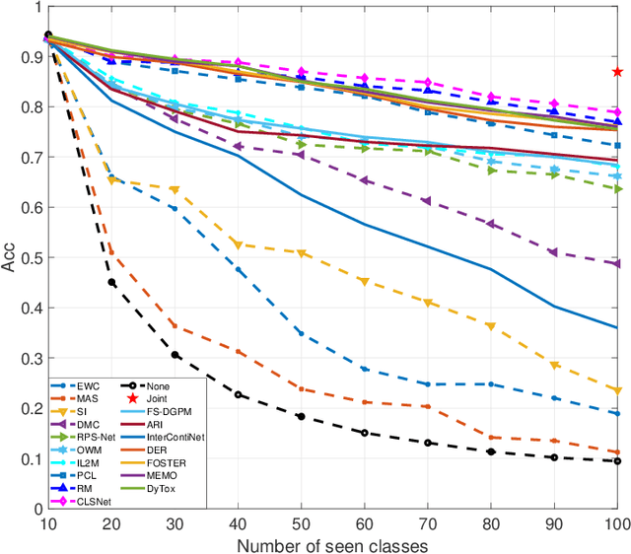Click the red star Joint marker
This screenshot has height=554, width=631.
click(x=617, y=72)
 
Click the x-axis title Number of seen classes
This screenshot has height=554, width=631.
click(x=332, y=543)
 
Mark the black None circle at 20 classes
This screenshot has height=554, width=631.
click(x=111, y=283)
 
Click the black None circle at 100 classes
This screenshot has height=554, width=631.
click(x=617, y=461)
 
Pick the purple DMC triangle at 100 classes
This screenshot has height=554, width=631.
click(x=617, y=263)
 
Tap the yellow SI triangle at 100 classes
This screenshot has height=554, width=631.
click(x=617, y=390)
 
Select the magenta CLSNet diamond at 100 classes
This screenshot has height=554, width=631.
click(x=617, y=112)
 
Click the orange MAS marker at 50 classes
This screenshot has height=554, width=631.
click(x=301, y=389)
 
